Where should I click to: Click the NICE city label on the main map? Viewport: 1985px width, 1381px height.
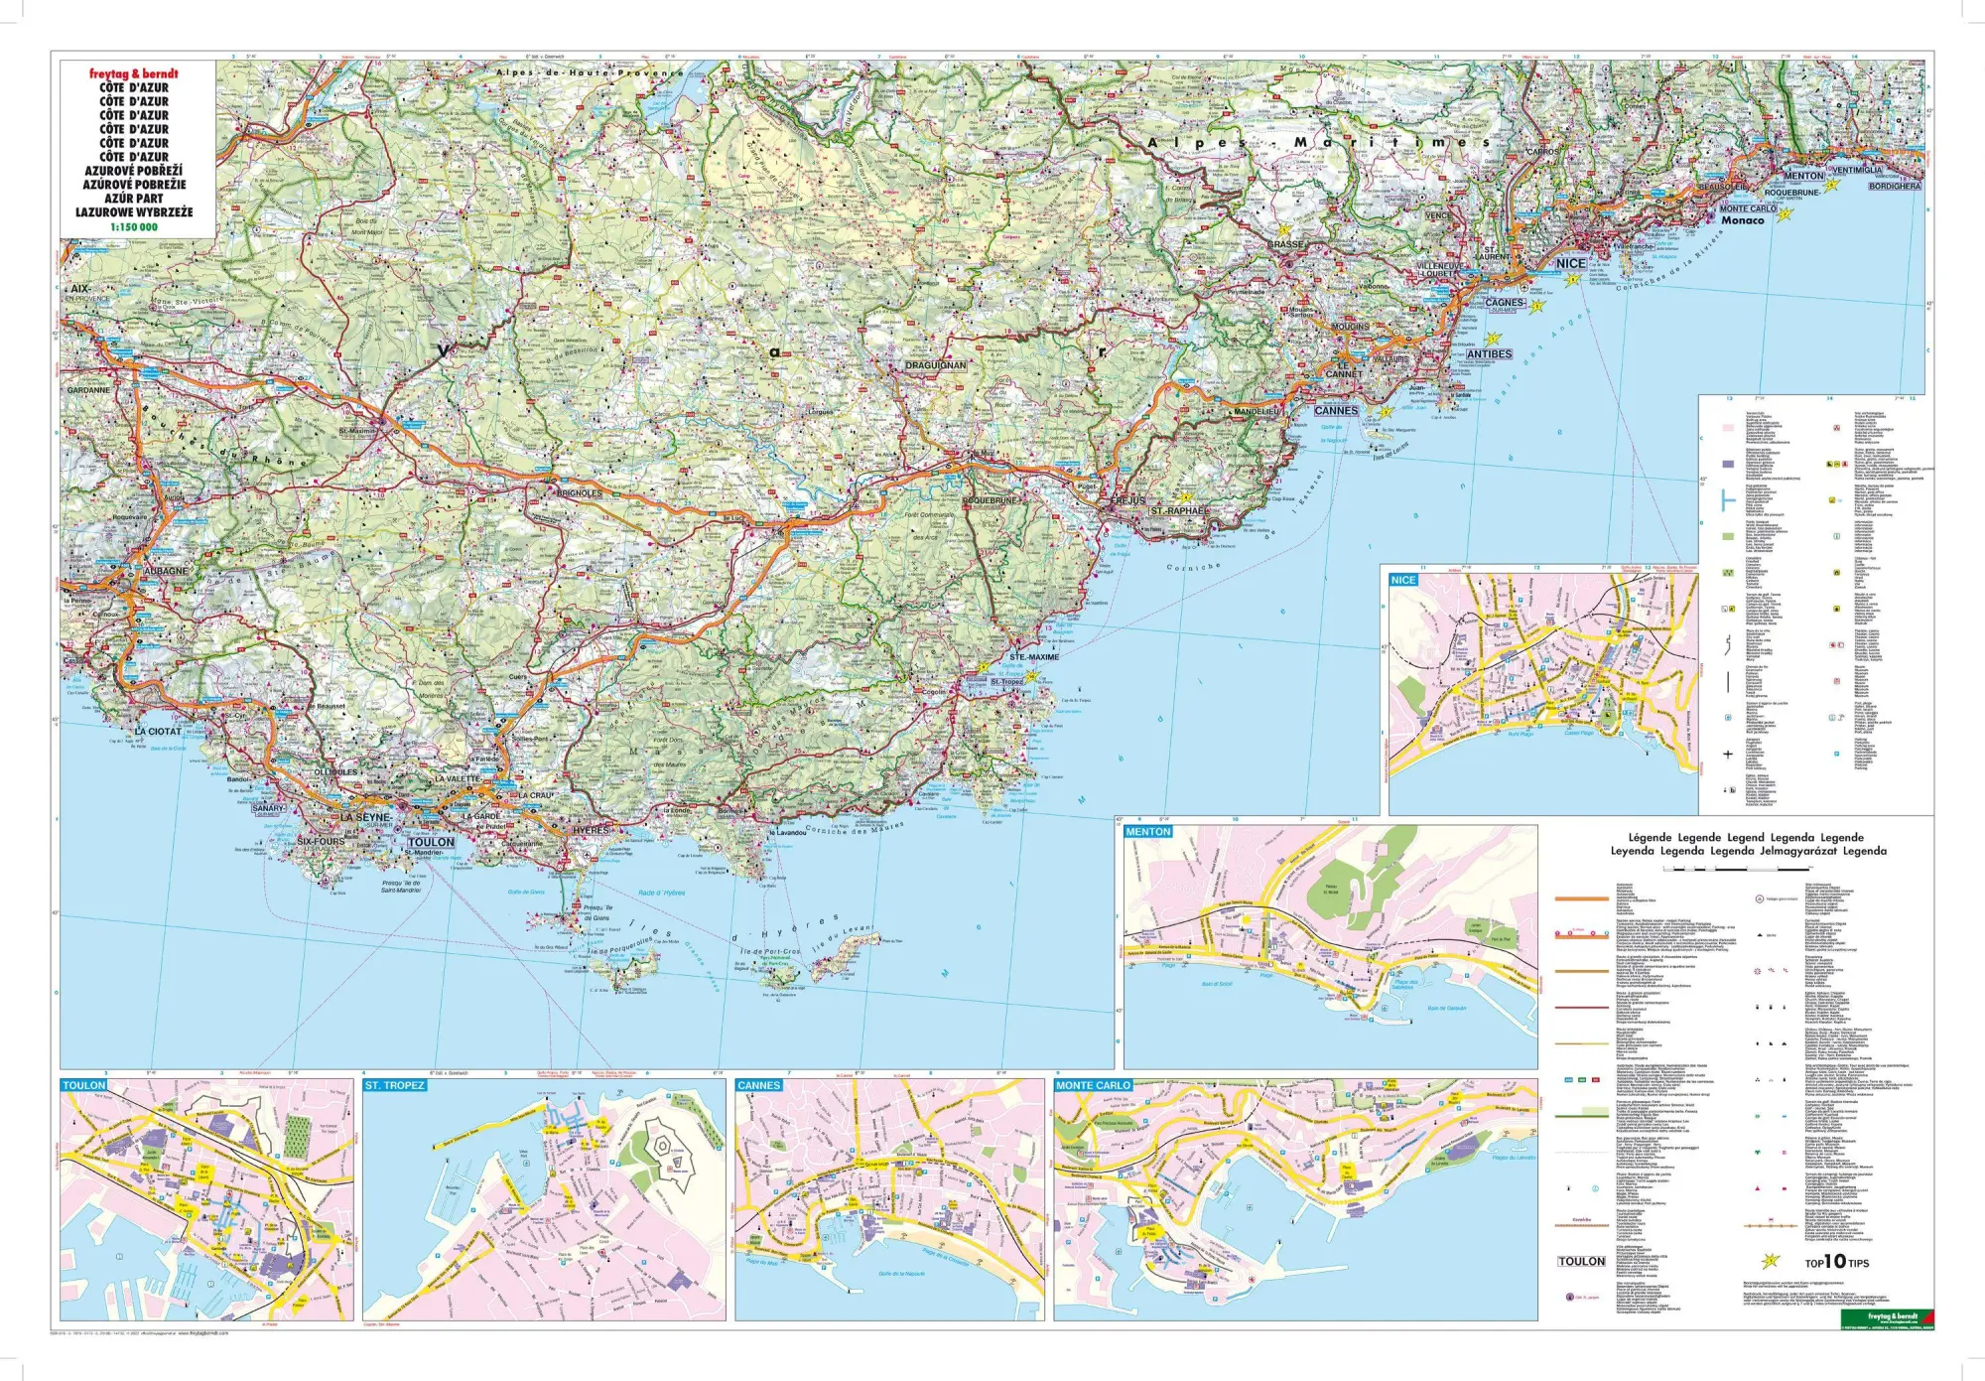1570,263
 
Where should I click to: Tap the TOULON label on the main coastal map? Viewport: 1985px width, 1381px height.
431,842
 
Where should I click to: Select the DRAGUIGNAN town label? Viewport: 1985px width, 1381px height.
935,365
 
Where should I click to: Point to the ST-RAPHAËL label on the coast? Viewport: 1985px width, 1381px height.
1179,510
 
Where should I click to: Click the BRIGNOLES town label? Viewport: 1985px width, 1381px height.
579,493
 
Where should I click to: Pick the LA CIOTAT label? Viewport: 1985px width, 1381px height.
159,731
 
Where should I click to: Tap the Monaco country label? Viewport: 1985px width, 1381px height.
1742,220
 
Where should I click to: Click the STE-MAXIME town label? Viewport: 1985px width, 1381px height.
1034,657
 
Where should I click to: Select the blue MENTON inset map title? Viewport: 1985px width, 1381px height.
1148,832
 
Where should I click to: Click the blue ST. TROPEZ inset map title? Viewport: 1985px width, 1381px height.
394,1085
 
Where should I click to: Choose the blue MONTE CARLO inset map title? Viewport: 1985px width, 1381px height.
1093,1085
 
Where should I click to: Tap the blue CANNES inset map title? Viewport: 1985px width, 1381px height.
759,1085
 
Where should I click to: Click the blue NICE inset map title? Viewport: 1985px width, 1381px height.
1403,580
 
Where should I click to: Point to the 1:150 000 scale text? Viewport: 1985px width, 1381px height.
133,227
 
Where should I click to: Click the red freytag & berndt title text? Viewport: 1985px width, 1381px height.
133,73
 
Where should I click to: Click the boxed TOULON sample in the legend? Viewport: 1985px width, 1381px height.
1581,1261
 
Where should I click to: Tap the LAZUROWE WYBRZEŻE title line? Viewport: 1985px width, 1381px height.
133,212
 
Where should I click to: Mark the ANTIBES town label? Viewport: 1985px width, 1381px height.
1489,353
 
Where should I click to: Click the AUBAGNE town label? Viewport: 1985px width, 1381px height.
165,571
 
